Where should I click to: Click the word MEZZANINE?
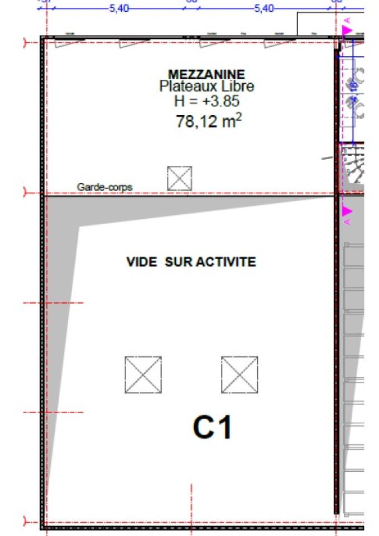pyautogui.click(x=206, y=74)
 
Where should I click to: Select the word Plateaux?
pyautogui.click(x=184, y=87)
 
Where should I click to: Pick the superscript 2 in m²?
pyautogui.click(x=239, y=117)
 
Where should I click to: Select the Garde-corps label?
pyautogui.click(x=105, y=187)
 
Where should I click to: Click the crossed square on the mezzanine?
pyautogui.click(x=179, y=178)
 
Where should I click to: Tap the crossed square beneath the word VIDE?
pyautogui.click(x=143, y=375)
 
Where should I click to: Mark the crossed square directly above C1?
pyautogui.click(x=239, y=375)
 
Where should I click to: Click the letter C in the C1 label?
pyautogui.click(x=203, y=428)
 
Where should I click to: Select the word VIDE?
pyautogui.click(x=142, y=262)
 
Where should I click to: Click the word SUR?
pyautogui.click(x=178, y=262)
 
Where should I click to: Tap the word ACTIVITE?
pyautogui.click(x=225, y=262)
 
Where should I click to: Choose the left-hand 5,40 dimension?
pyautogui.click(x=118, y=8)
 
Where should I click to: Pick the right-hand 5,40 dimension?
pyautogui.click(x=264, y=8)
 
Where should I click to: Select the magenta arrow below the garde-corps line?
pyautogui.click(x=348, y=211)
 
